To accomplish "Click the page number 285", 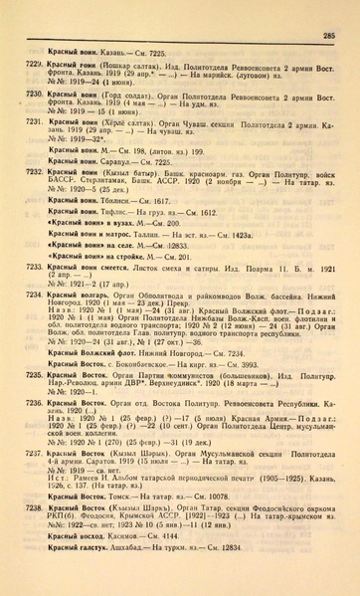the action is click(x=328, y=36).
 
